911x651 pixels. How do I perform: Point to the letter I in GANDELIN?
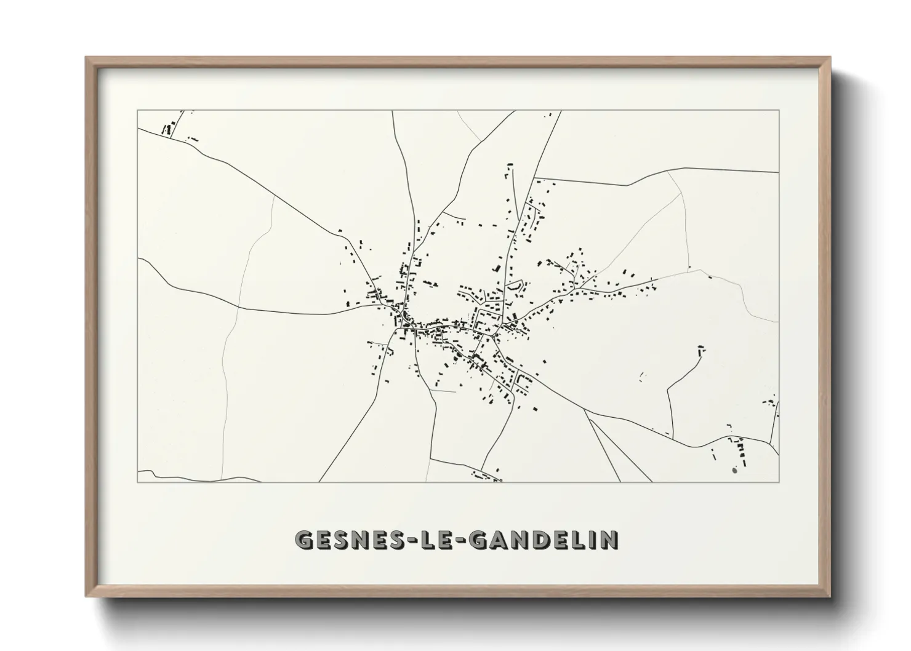point(591,540)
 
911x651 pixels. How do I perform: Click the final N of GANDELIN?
point(609,540)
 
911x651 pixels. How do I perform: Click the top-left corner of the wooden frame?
point(86,58)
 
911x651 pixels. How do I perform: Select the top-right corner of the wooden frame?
point(830,58)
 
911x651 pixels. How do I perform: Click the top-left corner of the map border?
point(137,110)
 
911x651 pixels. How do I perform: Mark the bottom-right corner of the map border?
point(779,482)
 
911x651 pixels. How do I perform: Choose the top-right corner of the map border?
point(779,110)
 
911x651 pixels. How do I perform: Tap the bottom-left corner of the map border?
point(137,482)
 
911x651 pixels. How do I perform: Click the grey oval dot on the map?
point(734,471)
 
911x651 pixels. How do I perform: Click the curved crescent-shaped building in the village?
point(514,286)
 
